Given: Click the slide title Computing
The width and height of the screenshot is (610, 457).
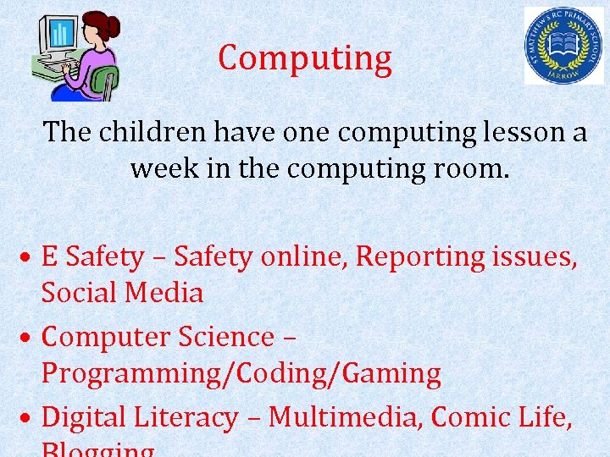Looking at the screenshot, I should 305,58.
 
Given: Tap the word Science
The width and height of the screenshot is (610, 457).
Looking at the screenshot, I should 226,337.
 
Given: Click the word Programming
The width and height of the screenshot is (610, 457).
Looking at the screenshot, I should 122,373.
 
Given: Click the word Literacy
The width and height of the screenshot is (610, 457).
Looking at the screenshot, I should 188,417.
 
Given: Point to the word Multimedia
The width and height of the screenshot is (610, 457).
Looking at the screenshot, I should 346,417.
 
